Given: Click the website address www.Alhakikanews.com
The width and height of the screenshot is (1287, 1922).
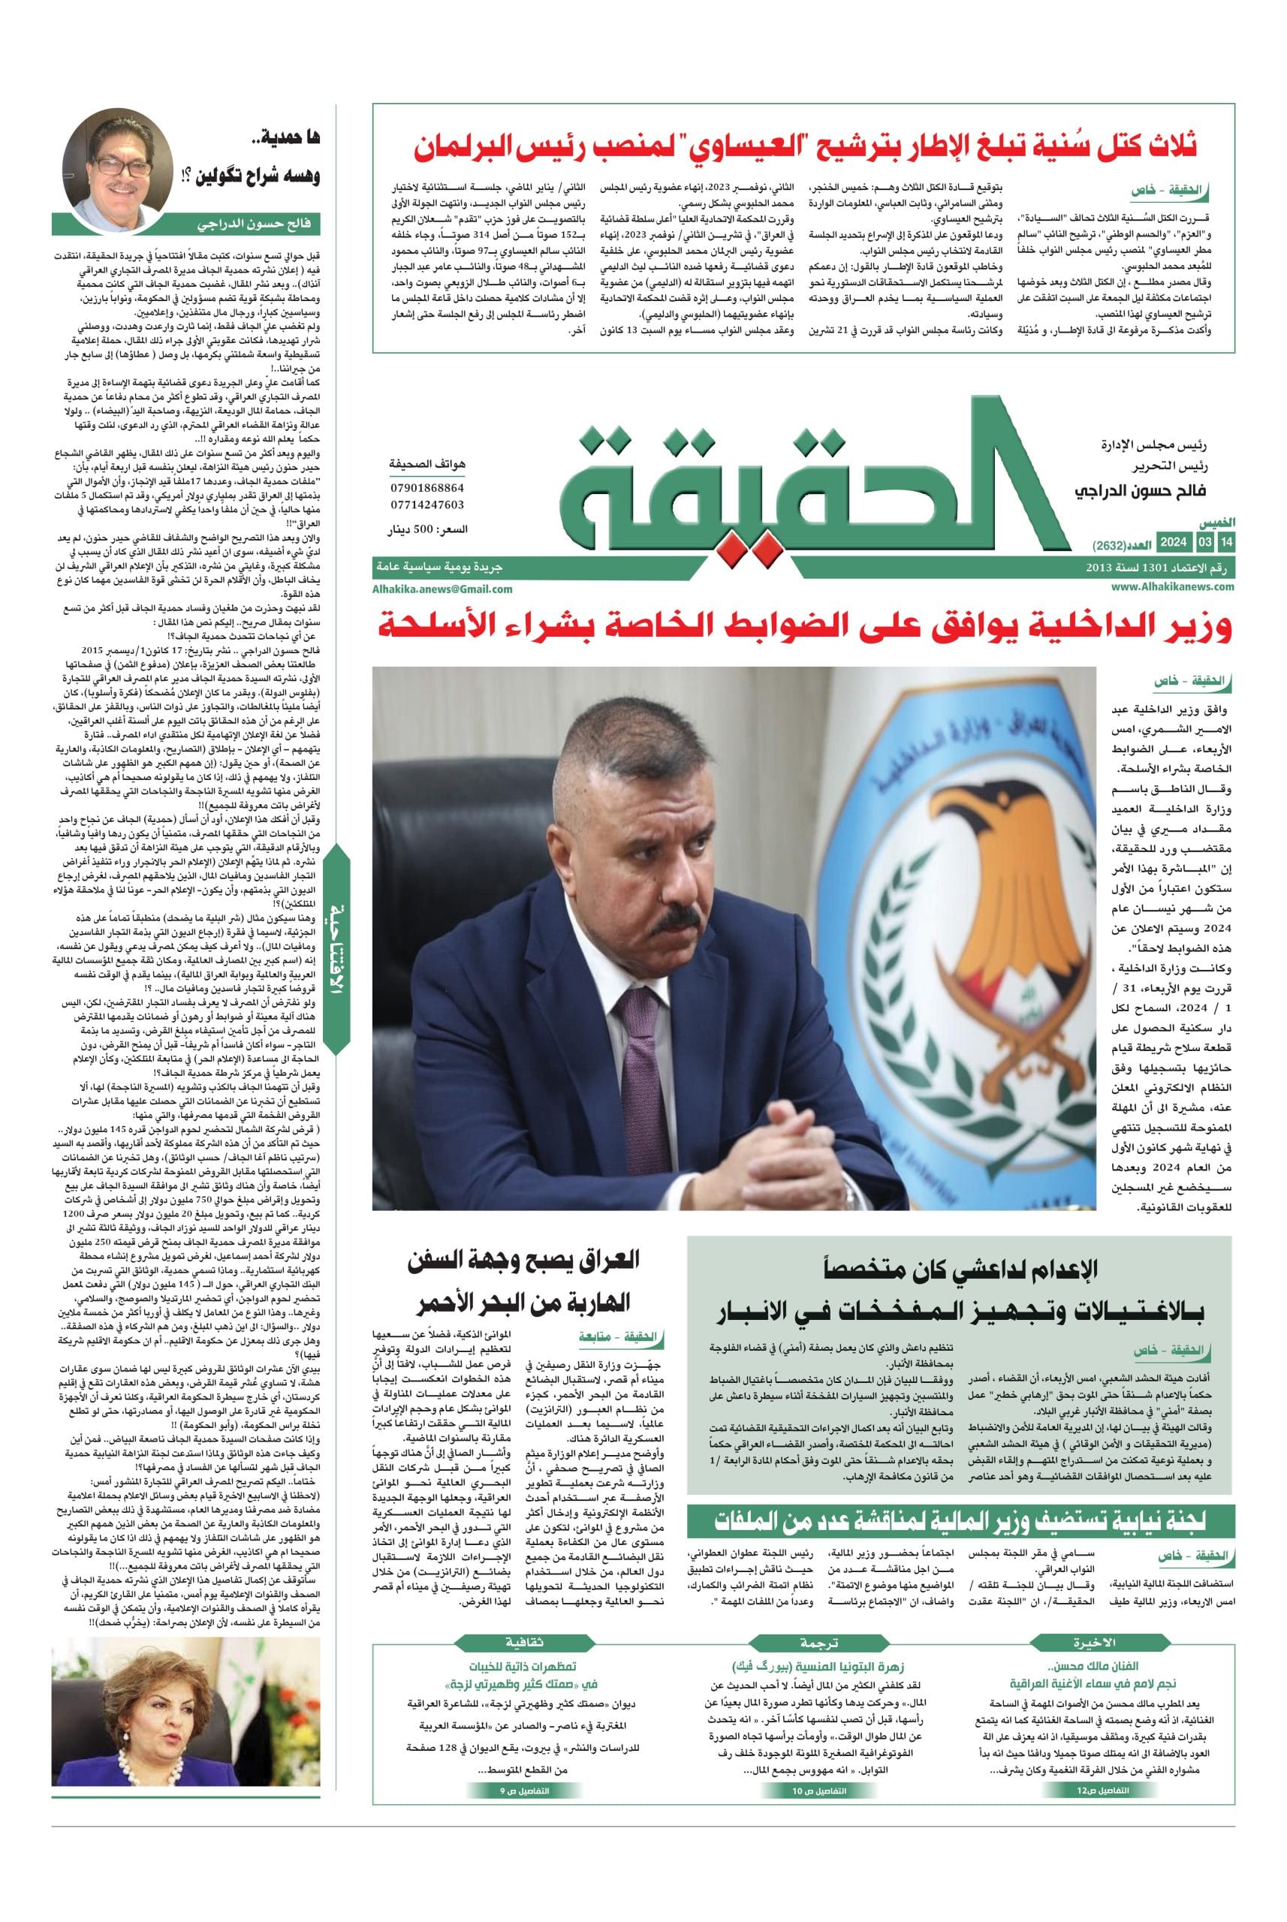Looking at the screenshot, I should coord(1173,586).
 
